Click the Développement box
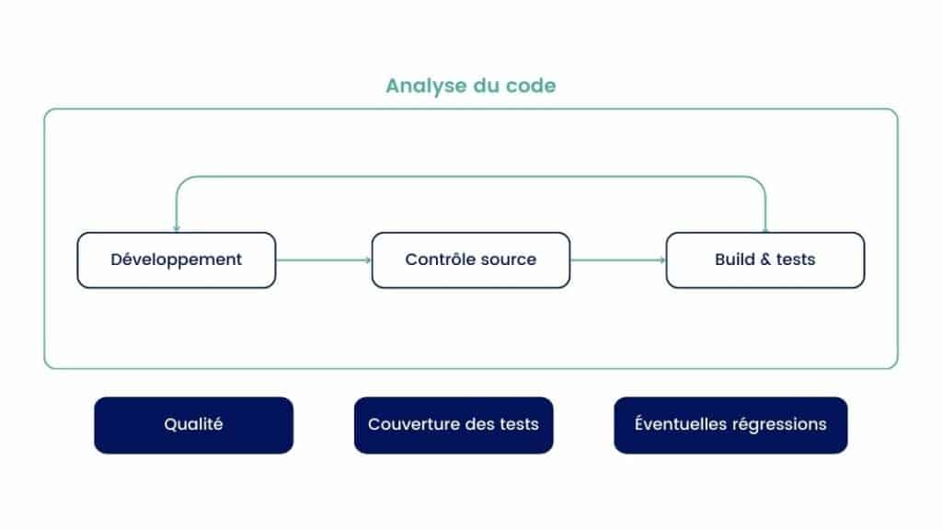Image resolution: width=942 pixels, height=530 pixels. point(177,260)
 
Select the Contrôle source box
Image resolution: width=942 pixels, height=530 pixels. point(471,260)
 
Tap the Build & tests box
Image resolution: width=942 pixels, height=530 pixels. point(765,260)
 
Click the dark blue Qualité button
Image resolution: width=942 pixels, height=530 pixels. point(193,425)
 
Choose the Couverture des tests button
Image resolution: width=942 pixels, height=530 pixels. point(454,425)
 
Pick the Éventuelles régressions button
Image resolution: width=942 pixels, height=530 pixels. point(730,425)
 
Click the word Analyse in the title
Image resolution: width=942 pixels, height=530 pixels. point(426,86)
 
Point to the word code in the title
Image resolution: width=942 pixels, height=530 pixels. point(531,86)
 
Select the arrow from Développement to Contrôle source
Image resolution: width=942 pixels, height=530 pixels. point(324,260)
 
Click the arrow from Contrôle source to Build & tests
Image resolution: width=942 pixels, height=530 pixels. point(618,260)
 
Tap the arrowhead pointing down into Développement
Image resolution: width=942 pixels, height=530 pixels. point(176,228)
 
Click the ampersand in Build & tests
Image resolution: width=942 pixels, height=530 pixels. point(764,259)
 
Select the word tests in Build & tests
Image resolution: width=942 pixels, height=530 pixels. point(796,259)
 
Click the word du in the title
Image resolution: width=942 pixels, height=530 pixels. point(486,86)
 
